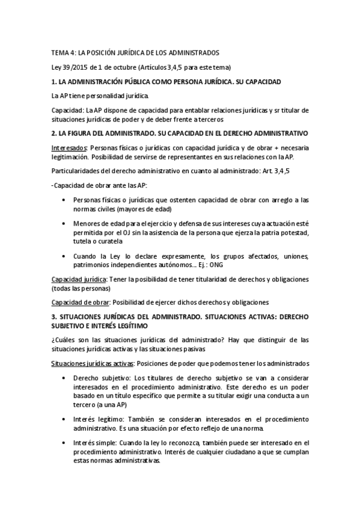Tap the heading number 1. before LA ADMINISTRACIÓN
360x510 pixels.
point(54,81)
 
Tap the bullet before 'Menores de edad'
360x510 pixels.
point(64,223)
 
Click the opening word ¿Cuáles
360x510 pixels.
point(65,340)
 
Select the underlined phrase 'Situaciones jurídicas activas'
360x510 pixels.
point(93,363)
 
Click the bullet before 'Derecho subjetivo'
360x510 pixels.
point(64,378)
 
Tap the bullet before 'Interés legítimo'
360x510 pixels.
point(64,419)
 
